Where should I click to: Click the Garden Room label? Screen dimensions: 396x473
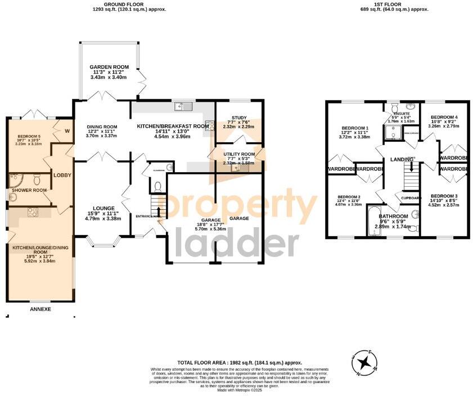[109, 67]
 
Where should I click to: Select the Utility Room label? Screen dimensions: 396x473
[238, 154]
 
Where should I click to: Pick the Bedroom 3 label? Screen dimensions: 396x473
[444, 196]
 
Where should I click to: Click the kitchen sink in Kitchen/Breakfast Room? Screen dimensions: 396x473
[183, 105]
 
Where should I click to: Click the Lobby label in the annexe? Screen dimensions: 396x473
[62, 175]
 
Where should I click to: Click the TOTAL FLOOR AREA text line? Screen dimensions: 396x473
[240, 363]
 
